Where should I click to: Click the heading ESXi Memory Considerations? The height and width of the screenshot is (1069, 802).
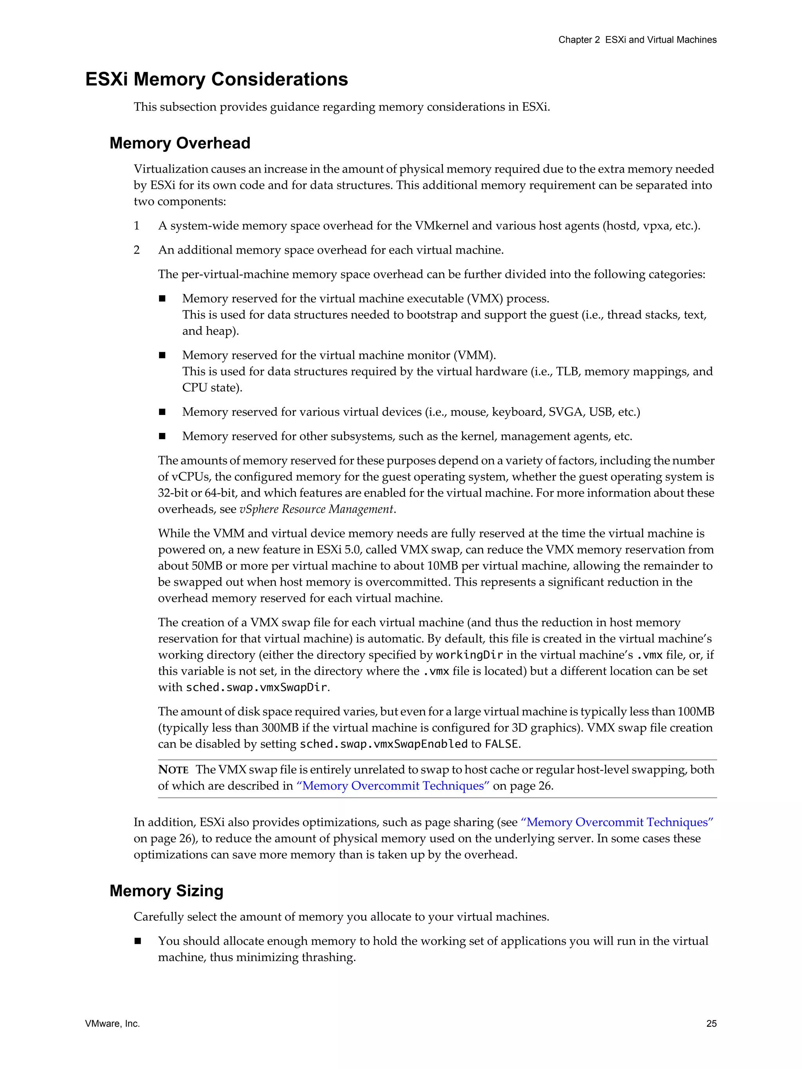tap(216, 79)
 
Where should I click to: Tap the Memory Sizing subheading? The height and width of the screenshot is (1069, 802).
tap(166, 891)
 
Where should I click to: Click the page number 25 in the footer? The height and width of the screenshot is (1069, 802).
tap(711, 1023)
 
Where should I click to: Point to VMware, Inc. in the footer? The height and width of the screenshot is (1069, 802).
tap(112, 1023)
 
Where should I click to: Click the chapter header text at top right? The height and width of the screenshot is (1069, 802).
tap(637, 40)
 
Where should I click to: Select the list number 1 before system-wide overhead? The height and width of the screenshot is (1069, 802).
tap(137, 226)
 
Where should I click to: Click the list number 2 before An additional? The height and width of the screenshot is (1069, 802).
tap(137, 250)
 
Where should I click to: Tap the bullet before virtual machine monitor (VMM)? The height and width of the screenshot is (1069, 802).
tap(163, 355)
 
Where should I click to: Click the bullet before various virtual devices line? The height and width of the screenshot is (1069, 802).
tap(163, 412)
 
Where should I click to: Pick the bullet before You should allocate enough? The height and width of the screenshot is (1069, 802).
tap(138, 941)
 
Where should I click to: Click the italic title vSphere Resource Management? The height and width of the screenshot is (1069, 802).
tap(316, 509)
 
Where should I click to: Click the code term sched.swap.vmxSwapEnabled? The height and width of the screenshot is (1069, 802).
tap(383, 744)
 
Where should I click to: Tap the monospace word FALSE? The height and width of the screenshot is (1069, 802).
tap(501, 744)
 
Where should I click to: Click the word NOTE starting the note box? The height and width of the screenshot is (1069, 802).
tap(173, 770)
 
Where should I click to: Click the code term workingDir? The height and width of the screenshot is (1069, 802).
tap(469, 655)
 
